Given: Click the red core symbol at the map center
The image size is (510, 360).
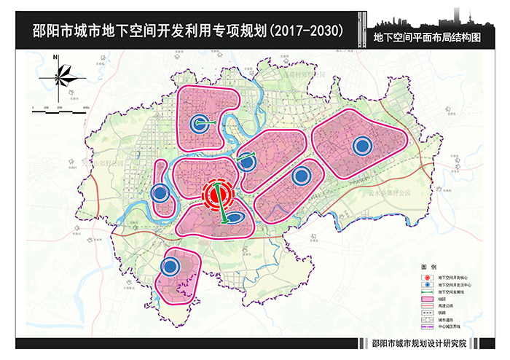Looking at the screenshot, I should point(217,195).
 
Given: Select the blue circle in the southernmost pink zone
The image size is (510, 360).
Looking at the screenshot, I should point(170,267).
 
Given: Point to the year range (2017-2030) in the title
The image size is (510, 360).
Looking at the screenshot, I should point(307,32).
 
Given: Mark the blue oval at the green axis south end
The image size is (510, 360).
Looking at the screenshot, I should point(236,218).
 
